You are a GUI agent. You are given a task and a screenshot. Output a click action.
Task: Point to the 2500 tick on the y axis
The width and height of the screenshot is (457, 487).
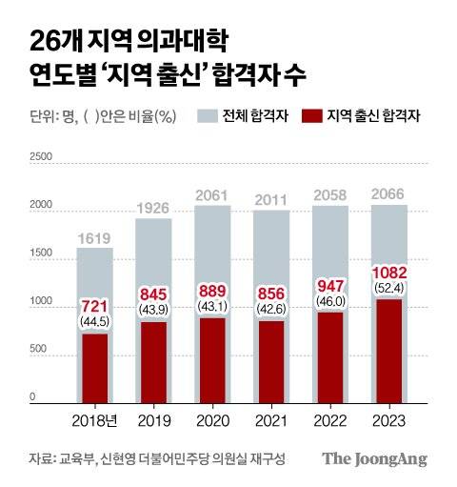coord(42,155)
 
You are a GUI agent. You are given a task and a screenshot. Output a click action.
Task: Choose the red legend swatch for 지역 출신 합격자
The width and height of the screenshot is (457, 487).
coord(310,116)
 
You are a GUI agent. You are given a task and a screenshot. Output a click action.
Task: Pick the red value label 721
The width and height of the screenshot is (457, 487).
coord(94,305)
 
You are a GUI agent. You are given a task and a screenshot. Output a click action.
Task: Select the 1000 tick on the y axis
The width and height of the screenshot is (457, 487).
coord(42,301)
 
